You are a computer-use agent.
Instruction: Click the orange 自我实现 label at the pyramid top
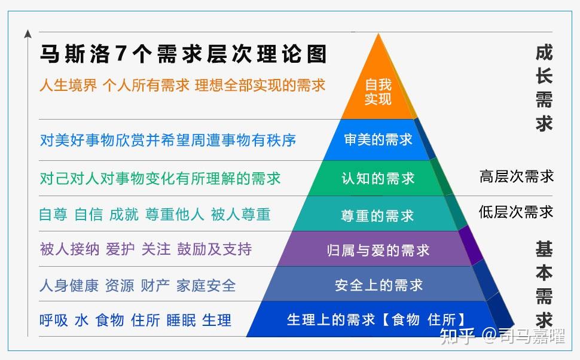click(378, 91)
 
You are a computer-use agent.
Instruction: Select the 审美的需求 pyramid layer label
click(378, 140)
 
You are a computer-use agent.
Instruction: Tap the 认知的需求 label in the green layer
click(378, 178)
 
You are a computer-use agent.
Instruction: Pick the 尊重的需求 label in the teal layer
click(377, 215)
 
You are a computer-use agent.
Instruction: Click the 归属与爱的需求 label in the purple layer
click(378, 250)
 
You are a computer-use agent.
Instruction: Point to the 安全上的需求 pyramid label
click(378, 285)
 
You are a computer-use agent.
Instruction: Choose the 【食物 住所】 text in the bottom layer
click(423, 319)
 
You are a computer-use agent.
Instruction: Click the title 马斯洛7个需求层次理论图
click(184, 54)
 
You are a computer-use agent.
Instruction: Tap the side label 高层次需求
click(517, 176)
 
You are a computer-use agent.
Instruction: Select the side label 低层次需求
click(516, 212)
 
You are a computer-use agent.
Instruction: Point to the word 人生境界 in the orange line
click(68, 85)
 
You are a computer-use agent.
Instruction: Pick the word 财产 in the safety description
click(155, 285)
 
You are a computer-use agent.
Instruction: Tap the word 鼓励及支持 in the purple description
click(214, 249)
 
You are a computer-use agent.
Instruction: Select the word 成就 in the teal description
click(124, 215)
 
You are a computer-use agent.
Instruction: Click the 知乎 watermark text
click(457, 337)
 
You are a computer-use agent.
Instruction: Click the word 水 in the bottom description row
click(81, 320)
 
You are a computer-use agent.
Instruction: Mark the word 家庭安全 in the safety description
click(206, 285)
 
